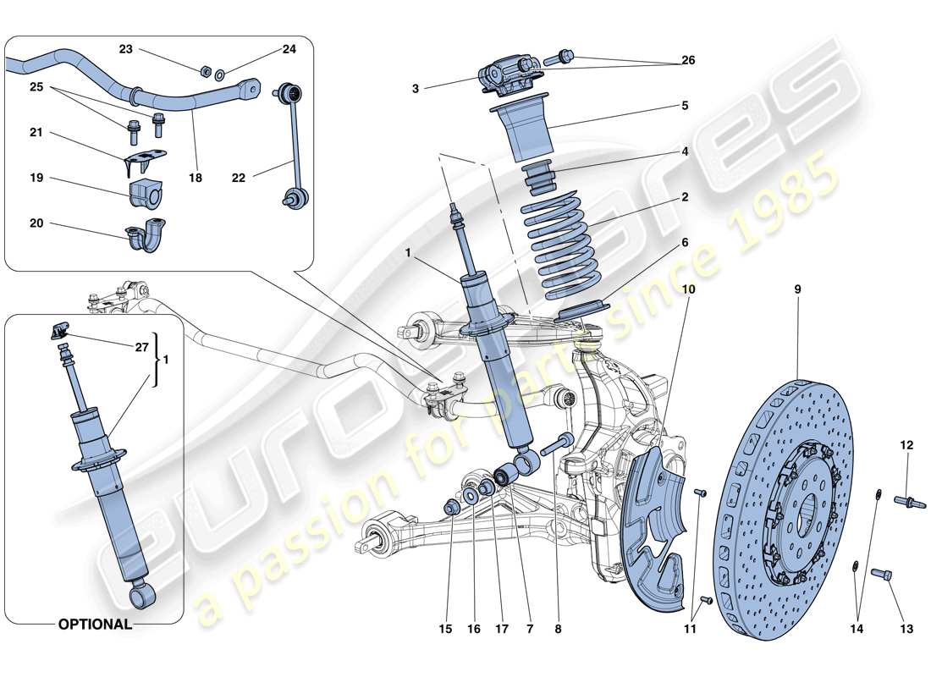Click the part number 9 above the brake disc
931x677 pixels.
click(x=797, y=289)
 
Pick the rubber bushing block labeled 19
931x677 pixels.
click(x=147, y=195)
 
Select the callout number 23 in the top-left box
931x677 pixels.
click(x=125, y=50)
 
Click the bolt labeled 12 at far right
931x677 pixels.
click(x=909, y=503)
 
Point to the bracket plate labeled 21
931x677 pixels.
click(x=144, y=159)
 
